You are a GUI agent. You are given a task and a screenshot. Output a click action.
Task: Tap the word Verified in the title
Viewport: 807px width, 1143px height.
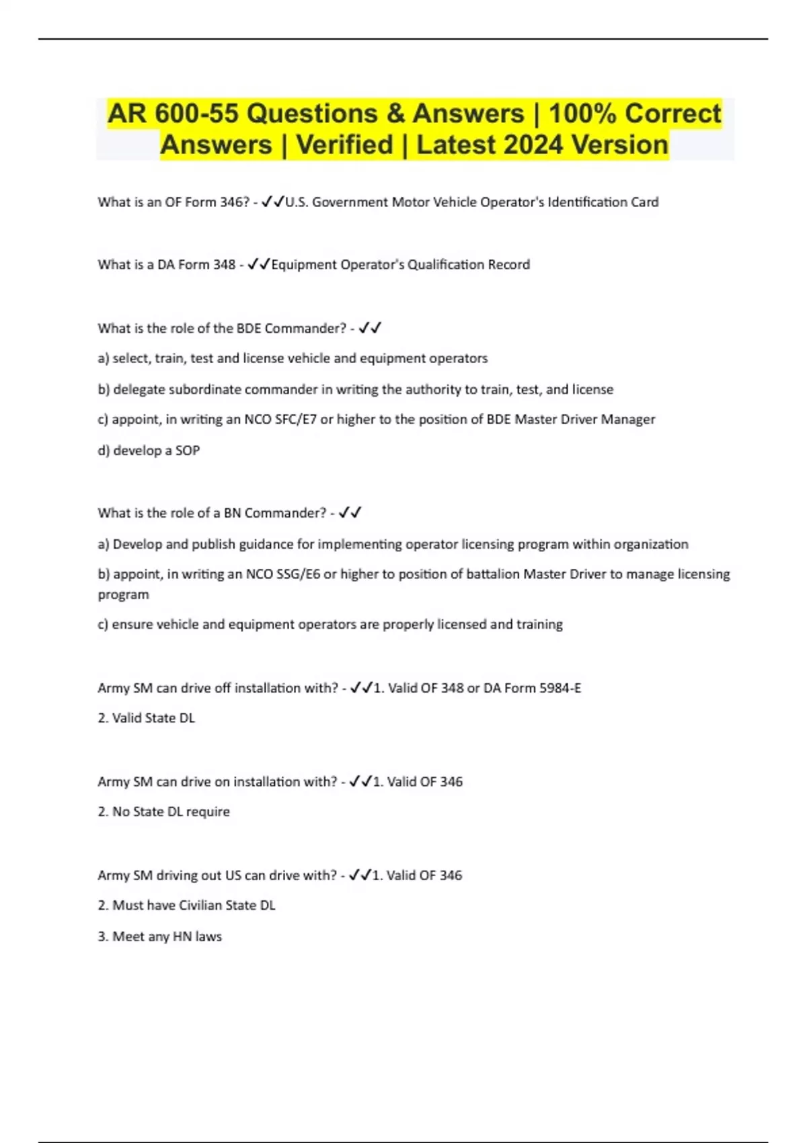(x=344, y=145)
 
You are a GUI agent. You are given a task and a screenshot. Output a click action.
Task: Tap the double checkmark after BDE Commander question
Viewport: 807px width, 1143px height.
(x=370, y=328)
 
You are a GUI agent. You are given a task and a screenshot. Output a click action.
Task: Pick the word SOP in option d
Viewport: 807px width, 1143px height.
(x=188, y=450)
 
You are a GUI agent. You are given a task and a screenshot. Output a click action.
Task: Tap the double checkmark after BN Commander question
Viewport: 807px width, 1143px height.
(x=350, y=512)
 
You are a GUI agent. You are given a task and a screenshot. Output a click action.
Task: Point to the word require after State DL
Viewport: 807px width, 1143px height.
(x=208, y=812)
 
